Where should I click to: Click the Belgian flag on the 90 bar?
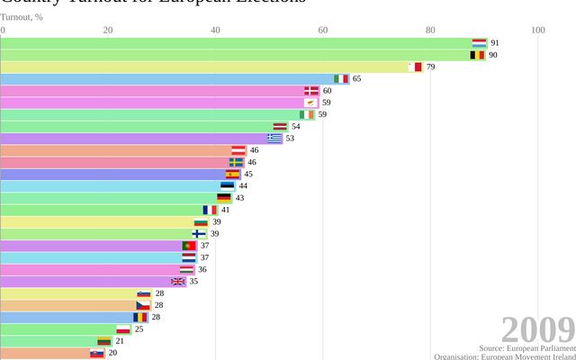tap(477, 55)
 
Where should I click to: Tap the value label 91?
tap(495, 43)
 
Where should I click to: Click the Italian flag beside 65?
tap(341, 78)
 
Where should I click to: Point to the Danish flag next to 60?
tap(311, 91)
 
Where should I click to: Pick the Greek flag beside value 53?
tap(274, 139)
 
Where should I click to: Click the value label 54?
tap(296, 126)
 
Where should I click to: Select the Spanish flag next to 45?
tap(233, 174)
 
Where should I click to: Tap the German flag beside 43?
tap(224, 198)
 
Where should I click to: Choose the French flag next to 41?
tap(210, 210)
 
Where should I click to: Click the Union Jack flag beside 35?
tap(178, 281)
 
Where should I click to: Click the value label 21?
tap(120, 341)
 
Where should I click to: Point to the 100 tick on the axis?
tap(538, 31)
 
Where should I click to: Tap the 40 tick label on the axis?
tap(215, 31)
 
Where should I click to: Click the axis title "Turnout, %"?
tap(22, 16)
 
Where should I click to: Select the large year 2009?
tap(537, 328)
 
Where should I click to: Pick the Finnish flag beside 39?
tap(199, 233)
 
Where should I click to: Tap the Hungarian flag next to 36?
tap(187, 269)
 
